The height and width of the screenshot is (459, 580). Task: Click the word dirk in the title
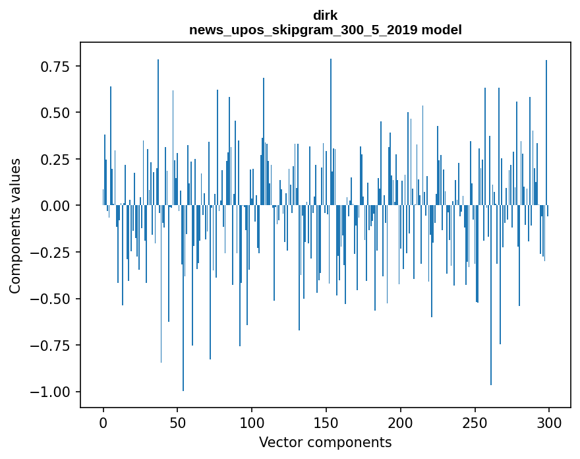[x=325, y=16]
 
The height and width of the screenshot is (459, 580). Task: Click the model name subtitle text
[x=325, y=30]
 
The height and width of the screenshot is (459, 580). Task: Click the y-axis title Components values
[x=15, y=226]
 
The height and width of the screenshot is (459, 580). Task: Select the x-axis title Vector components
[x=325, y=442]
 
